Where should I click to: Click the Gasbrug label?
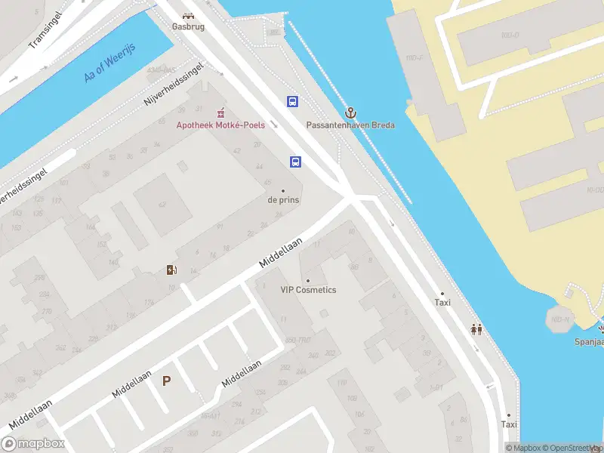pos(188,26)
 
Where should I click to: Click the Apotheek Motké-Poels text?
pos(220,125)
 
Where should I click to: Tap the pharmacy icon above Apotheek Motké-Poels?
pos(220,112)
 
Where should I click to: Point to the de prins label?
pos(283,200)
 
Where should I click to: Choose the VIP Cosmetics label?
pos(308,290)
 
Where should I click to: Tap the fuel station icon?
pos(171,270)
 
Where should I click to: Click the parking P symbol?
pos(166,381)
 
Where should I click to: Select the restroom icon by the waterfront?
pos(476,328)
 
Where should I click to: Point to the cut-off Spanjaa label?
pos(588,341)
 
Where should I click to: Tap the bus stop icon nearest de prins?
pos(296,161)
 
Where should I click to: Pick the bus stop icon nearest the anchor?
pos(292,101)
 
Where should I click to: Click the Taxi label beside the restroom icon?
pos(442,302)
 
